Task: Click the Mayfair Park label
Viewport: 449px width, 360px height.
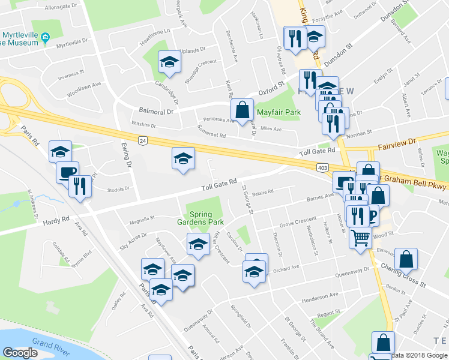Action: coord(278,112)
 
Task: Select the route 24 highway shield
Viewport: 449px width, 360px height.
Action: coord(142,140)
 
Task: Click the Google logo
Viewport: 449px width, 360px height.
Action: coord(20,353)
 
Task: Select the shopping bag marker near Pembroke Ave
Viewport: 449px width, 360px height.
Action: coord(242,110)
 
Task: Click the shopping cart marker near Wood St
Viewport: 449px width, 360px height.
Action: coord(360,237)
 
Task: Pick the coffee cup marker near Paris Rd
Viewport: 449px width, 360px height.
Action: coord(67,172)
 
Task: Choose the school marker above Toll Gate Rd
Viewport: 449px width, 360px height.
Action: coord(183,158)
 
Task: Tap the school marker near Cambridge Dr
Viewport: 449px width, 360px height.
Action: coord(169,62)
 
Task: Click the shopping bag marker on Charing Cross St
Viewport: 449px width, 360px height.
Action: coord(406,259)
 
